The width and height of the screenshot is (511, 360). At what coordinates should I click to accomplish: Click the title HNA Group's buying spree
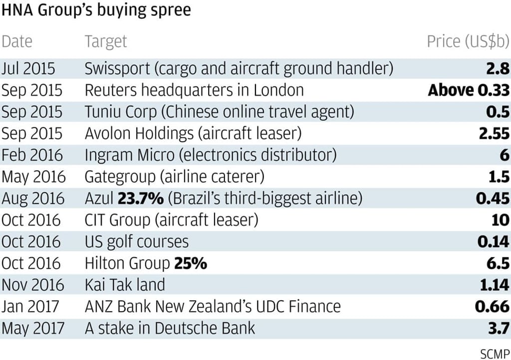tap(96, 10)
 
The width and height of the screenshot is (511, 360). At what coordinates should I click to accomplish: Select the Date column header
tap(17, 41)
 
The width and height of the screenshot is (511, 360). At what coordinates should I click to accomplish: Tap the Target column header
tap(106, 41)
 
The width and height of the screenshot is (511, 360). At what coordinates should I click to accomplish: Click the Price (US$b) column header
tap(468, 41)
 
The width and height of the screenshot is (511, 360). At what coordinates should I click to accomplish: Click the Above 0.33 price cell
tap(469, 90)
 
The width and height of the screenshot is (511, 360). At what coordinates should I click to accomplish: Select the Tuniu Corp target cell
tap(219, 112)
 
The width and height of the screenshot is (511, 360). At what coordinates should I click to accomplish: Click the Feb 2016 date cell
tap(32, 155)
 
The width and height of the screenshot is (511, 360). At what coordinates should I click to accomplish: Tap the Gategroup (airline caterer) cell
tap(175, 177)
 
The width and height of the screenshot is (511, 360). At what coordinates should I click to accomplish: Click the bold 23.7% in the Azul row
tap(140, 198)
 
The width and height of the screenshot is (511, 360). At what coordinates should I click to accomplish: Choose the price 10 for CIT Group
tap(500, 220)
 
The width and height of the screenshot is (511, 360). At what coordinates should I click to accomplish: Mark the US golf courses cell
tap(137, 242)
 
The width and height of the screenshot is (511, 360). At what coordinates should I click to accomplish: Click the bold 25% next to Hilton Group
tap(190, 263)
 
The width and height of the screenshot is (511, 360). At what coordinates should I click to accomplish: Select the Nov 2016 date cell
tap(33, 285)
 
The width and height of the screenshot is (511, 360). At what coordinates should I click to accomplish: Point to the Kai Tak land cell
tap(125, 285)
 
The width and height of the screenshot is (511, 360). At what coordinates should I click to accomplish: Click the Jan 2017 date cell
tap(31, 306)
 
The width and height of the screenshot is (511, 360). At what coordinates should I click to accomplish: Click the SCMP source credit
tap(495, 353)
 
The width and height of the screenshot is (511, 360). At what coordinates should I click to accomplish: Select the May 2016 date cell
tap(33, 177)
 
